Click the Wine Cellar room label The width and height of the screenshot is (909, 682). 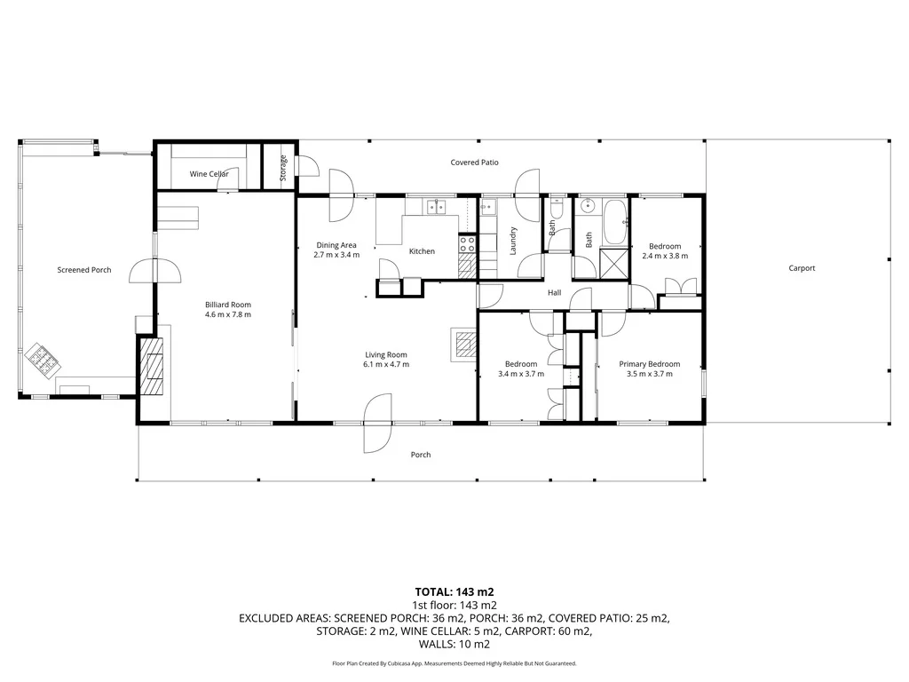coord(209,174)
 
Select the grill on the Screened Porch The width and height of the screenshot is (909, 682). coord(42,358)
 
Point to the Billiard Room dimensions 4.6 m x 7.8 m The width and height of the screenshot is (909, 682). coord(228,314)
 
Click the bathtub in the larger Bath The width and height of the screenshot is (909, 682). coord(614,223)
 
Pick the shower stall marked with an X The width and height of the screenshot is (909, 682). coord(613,263)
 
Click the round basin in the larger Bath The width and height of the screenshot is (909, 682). coord(587,207)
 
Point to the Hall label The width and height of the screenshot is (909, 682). coord(554,292)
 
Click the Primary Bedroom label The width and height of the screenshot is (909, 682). coord(649,364)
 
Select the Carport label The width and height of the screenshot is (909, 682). coord(801,268)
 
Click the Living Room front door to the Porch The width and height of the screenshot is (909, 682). coord(377,422)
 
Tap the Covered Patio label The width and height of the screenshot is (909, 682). coord(474,163)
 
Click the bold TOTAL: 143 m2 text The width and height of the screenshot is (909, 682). coord(454,591)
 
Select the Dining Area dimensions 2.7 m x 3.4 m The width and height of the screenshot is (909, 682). coord(336,255)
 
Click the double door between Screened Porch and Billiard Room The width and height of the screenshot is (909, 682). coord(154,270)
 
